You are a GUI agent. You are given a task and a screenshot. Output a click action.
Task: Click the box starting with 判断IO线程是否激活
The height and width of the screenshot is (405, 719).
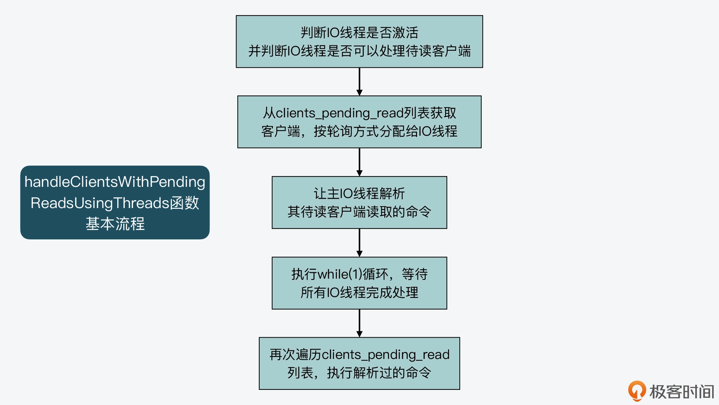click(359, 41)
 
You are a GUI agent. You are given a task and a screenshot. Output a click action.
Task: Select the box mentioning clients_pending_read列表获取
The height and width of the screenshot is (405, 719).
click(359, 122)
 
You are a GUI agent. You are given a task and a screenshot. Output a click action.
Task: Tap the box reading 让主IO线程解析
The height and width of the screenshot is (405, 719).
click(359, 202)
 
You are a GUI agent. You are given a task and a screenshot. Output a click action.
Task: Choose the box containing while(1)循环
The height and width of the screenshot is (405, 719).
click(359, 283)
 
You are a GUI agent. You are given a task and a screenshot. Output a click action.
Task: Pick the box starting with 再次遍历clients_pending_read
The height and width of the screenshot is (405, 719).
click(359, 363)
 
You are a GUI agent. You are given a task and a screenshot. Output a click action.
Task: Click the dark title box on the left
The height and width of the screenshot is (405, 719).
click(115, 202)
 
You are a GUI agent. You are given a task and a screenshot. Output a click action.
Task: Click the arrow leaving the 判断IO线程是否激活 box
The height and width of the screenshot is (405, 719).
click(359, 82)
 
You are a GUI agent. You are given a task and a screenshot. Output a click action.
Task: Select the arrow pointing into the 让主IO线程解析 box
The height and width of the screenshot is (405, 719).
click(359, 162)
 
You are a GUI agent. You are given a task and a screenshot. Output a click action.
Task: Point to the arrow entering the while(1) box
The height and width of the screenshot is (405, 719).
click(359, 243)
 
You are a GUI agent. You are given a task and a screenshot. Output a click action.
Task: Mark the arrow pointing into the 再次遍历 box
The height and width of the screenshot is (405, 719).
click(359, 323)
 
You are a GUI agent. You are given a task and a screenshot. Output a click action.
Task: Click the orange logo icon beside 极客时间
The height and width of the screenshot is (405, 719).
click(637, 391)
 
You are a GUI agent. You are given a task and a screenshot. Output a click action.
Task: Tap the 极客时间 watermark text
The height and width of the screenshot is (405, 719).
click(682, 392)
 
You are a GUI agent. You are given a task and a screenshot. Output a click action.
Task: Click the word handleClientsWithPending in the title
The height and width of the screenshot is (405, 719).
click(115, 182)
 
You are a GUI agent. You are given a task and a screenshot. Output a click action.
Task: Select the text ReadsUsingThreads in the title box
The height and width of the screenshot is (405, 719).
click(100, 203)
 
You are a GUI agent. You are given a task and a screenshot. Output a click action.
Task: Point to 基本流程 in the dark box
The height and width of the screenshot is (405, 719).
click(115, 224)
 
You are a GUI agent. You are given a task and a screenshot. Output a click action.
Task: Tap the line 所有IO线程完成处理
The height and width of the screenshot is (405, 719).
click(359, 292)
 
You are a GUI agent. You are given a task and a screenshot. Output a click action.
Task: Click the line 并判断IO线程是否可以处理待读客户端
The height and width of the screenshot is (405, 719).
click(359, 51)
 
